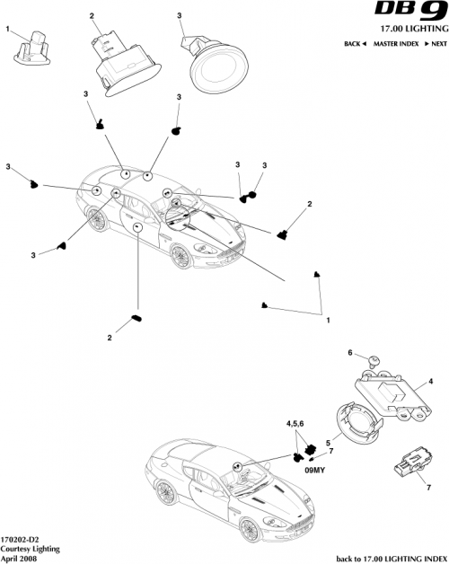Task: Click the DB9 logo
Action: [408, 13]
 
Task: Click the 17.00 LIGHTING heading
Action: [400, 30]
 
